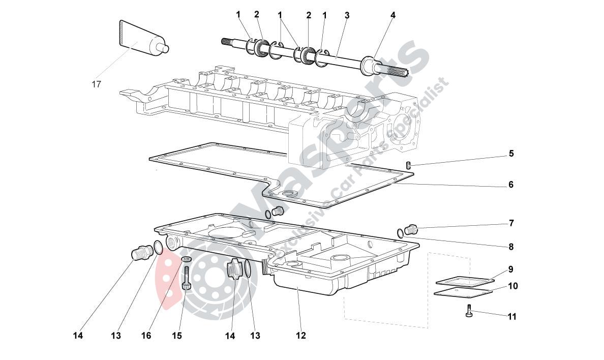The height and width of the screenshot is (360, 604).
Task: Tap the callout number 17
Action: click(96, 84)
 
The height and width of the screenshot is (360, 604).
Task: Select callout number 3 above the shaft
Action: click(347, 16)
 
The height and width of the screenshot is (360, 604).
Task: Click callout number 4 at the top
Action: click(392, 16)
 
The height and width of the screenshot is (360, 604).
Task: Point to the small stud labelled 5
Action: click(408, 164)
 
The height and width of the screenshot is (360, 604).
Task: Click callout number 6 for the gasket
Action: click(511, 185)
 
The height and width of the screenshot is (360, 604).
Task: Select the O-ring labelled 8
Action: click(401, 233)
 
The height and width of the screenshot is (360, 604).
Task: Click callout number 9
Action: click(511, 269)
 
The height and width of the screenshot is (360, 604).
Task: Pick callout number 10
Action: click(512, 286)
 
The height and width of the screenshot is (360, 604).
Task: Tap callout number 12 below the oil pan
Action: click(301, 336)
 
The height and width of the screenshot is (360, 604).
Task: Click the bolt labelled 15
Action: click(186, 279)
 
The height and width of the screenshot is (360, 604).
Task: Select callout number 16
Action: click(146, 336)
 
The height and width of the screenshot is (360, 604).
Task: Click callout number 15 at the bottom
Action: click(176, 336)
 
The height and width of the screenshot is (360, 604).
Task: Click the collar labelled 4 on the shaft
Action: click(368, 67)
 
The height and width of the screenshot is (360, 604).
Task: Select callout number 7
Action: click(511, 223)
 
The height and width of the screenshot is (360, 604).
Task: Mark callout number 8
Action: click(511, 247)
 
